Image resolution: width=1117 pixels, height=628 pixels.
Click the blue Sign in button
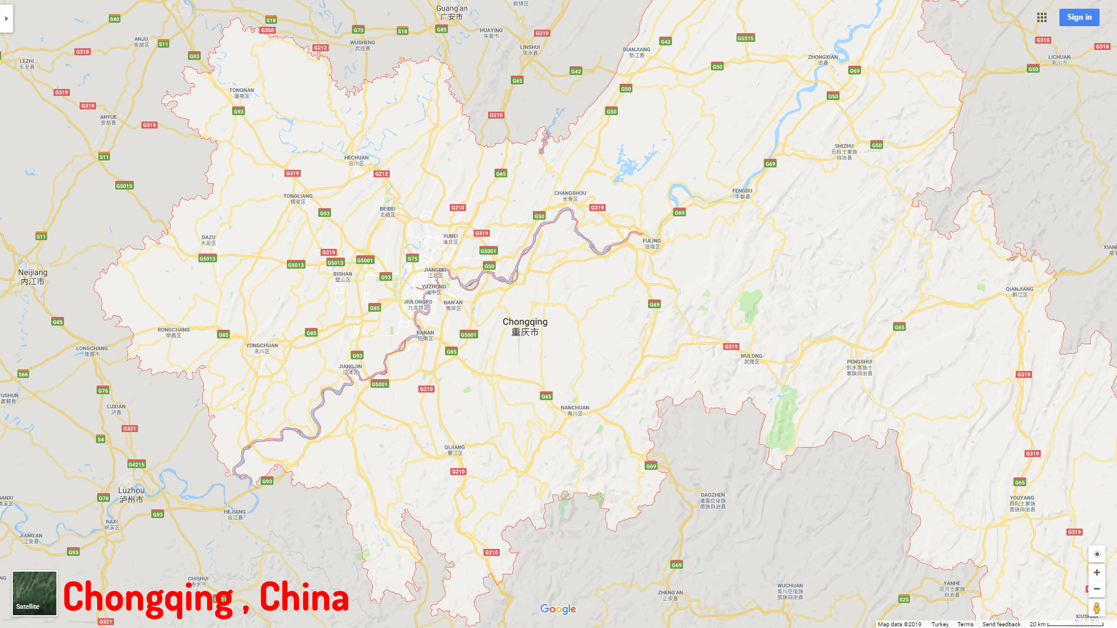(1079, 17)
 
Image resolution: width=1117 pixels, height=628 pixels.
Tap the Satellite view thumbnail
(35, 593)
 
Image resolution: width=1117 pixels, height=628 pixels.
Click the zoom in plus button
(1097, 573)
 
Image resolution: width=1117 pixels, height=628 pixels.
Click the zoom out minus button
(1097, 589)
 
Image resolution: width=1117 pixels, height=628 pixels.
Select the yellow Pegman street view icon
(1097, 608)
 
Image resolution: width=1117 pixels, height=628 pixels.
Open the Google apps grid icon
(1042, 17)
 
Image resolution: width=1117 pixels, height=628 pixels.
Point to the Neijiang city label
(33, 277)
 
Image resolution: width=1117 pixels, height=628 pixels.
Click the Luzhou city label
(131, 495)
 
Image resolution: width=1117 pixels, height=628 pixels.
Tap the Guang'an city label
(452, 12)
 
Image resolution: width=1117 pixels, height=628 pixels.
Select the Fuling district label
(652, 244)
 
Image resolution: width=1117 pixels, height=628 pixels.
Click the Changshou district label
(570, 196)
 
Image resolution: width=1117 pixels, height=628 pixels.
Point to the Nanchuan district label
(575, 411)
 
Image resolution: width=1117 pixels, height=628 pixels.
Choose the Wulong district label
(751, 359)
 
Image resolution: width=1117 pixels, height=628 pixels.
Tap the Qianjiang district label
(1019, 292)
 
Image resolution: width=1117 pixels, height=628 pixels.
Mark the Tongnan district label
(241, 93)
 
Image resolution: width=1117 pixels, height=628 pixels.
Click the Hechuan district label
(356, 160)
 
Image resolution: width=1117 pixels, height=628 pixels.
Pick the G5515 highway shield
(745, 38)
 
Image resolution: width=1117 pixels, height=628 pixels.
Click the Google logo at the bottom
(558, 609)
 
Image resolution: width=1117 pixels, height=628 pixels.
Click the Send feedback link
(1001, 624)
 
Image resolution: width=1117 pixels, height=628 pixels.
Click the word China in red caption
(304, 597)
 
